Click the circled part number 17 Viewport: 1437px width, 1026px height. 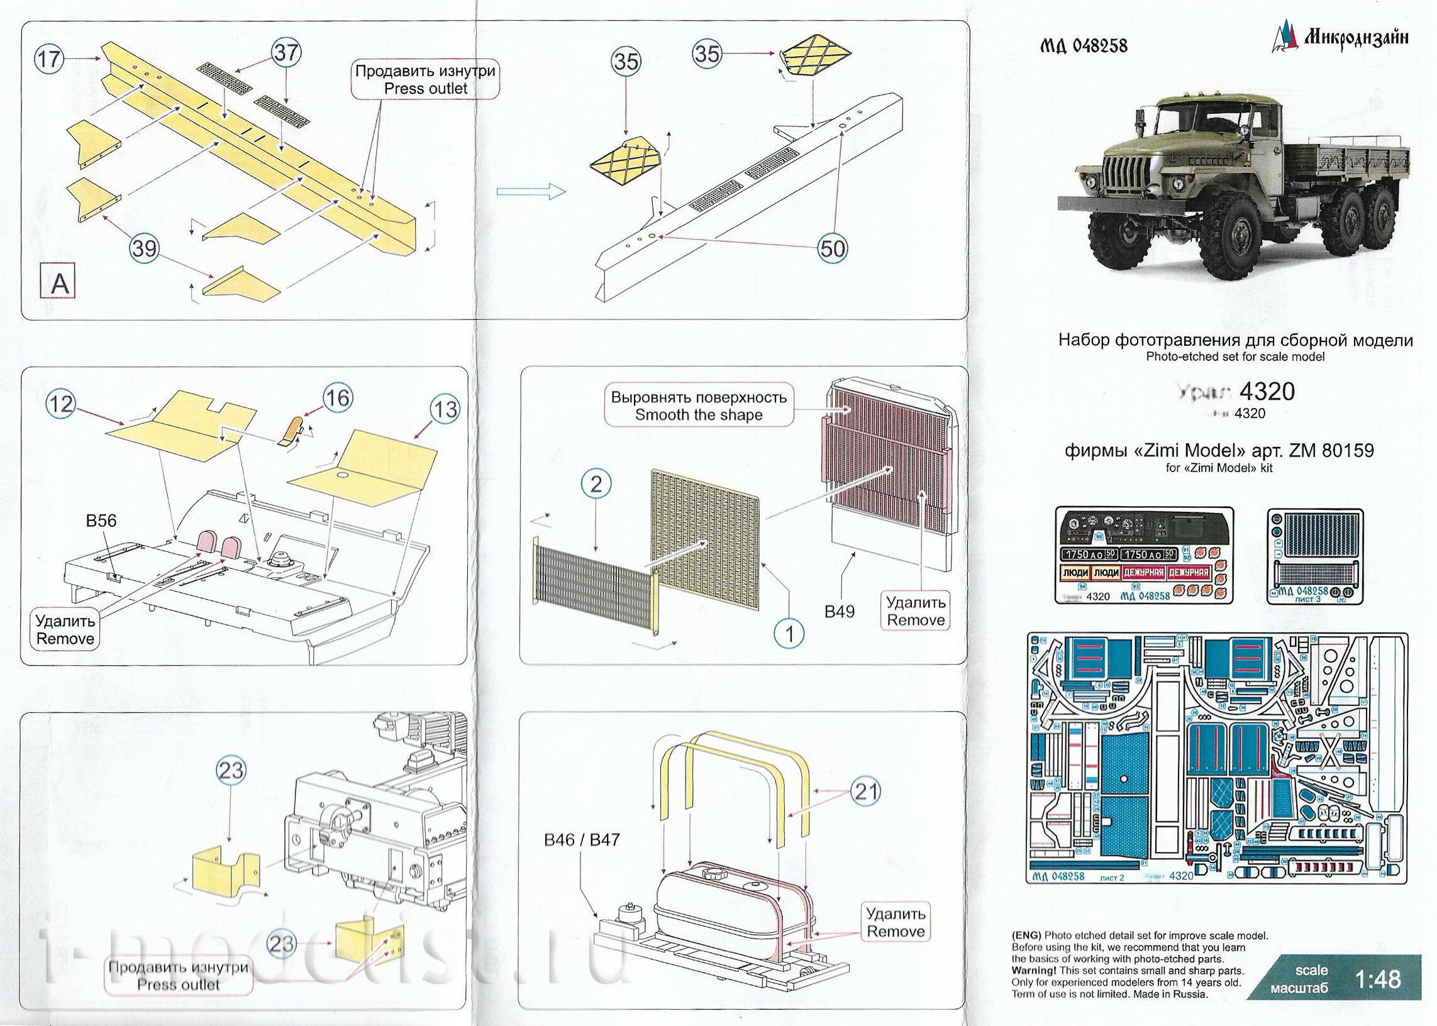(x=48, y=59)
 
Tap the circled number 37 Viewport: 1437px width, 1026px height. (x=286, y=52)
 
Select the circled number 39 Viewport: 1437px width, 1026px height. (x=143, y=248)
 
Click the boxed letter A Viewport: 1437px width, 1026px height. (x=58, y=282)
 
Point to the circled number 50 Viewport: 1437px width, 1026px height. (x=832, y=248)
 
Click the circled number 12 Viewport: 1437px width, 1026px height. (x=60, y=403)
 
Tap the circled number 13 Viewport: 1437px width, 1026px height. (x=444, y=409)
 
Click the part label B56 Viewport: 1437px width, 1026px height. (x=101, y=521)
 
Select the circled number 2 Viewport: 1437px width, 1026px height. (x=596, y=485)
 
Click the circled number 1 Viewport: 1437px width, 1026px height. (x=789, y=633)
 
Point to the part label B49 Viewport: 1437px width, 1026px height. (x=839, y=611)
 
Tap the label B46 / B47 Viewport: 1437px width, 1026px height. (x=581, y=840)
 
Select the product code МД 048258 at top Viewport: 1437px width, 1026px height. (x=1083, y=45)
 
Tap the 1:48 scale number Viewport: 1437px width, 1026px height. (x=1379, y=979)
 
